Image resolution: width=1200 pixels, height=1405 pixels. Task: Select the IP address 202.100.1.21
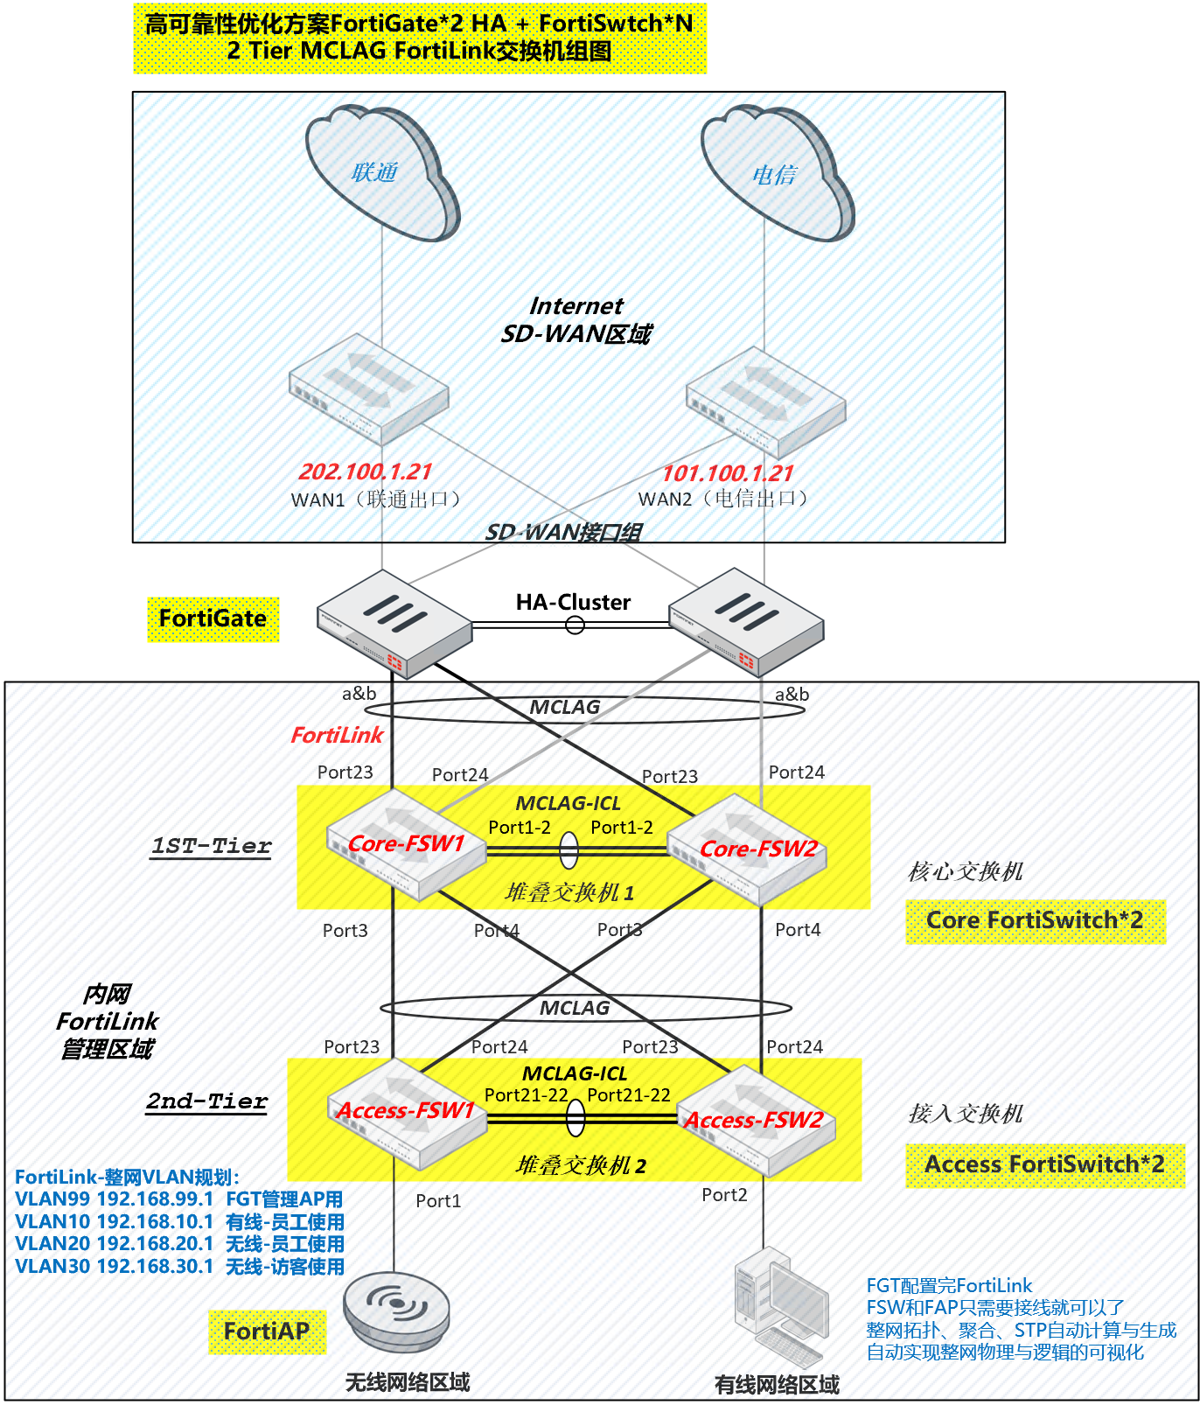click(x=365, y=472)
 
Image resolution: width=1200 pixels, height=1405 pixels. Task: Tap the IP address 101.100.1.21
click(x=727, y=474)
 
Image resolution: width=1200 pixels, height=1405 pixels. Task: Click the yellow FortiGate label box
click(x=213, y=619)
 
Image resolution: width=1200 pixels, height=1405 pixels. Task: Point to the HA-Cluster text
click(x=573, y=603)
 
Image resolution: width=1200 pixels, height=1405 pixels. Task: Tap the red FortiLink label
click(x=337, y=736)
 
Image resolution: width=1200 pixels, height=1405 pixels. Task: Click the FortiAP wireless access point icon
click(x=396, y=1309)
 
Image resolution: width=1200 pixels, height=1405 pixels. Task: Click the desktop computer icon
click(x=780, y=1304)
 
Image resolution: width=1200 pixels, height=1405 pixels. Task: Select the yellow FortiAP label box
click(x=267, y=1332)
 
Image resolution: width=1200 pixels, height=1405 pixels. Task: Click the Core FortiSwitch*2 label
click(x=1035, y=921)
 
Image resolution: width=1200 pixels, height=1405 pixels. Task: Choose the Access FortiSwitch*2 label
click(x=1044, y=1165)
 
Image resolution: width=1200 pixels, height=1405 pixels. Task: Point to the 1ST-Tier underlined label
click(x=211, y=847)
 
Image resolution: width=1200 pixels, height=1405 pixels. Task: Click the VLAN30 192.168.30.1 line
click(x=179, y=1267)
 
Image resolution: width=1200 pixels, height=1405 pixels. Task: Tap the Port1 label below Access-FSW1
click(x=438, y=1201)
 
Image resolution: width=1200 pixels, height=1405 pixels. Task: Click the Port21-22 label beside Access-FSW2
click(x=628, y=1095)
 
